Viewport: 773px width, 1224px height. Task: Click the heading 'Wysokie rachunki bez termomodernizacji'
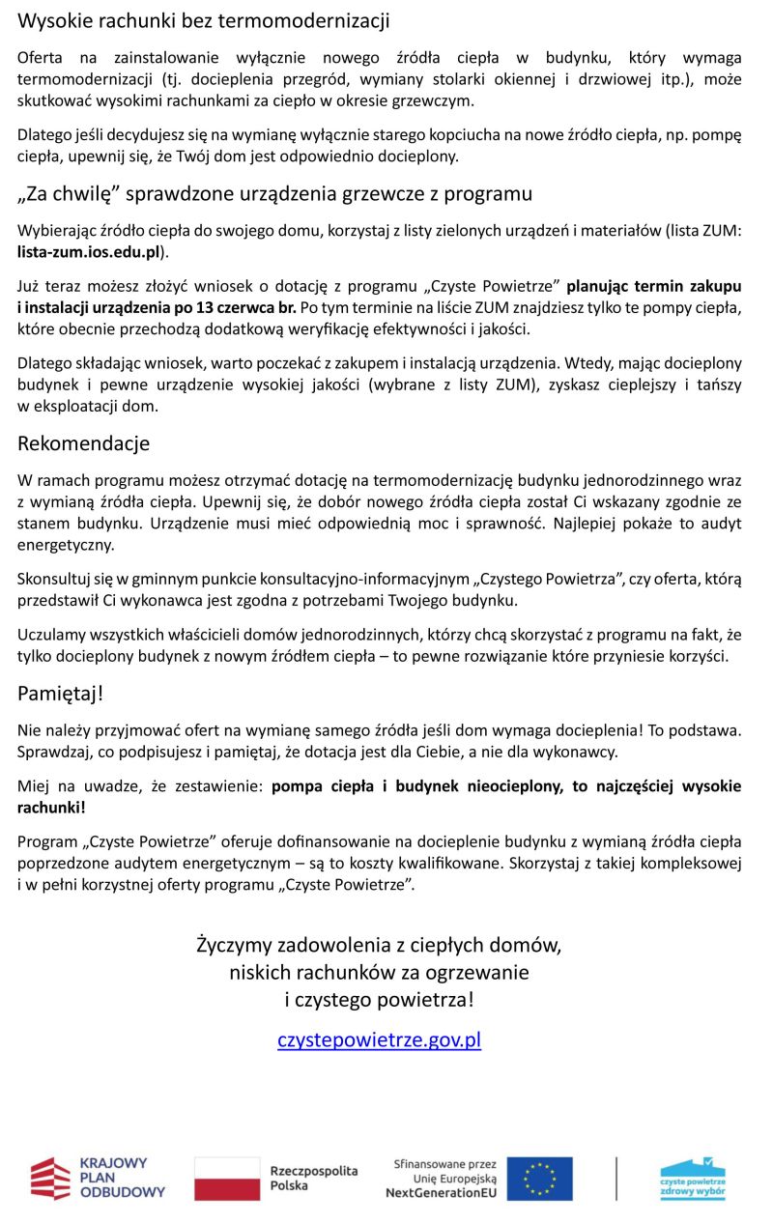[x=204, y=20]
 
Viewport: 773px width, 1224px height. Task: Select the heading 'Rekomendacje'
[x=83, y=443]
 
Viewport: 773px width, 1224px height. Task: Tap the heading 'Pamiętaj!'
[x=60, y=693]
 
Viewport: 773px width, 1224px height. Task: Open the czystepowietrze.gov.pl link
[x=379, y=1039]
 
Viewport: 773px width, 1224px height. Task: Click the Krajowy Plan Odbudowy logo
[x=98, y=1178]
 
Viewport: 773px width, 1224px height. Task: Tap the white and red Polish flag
[x=227, y=1179]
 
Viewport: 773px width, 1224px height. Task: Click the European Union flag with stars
[x=539, y=1179]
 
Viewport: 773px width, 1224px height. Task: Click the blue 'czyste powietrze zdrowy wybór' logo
[x=693, y=1178]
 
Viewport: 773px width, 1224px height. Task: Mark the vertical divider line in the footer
[x=616, y=1178]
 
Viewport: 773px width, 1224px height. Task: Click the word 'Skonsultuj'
[x=53, y=580]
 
